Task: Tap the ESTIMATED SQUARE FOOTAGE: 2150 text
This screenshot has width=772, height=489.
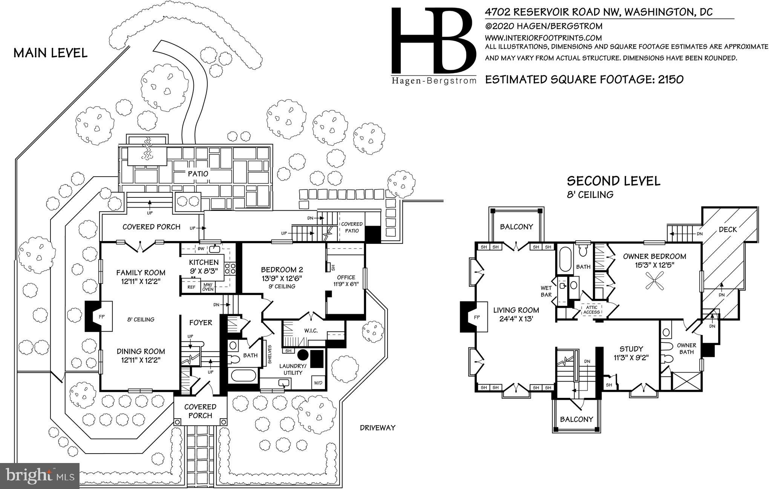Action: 584,79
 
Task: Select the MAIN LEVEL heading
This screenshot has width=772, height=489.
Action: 51,53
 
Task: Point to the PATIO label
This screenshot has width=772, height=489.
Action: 198,174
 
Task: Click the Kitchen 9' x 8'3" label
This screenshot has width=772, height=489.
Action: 204,266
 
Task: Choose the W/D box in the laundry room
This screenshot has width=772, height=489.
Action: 318,383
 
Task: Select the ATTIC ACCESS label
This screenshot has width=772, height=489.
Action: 591,310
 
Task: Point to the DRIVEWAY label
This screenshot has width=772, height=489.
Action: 377,428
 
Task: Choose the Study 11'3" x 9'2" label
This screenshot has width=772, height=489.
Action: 631,353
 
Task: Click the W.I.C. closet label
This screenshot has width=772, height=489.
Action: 311,330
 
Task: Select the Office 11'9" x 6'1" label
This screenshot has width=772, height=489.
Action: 346,281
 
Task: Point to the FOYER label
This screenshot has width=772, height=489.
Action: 201,322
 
